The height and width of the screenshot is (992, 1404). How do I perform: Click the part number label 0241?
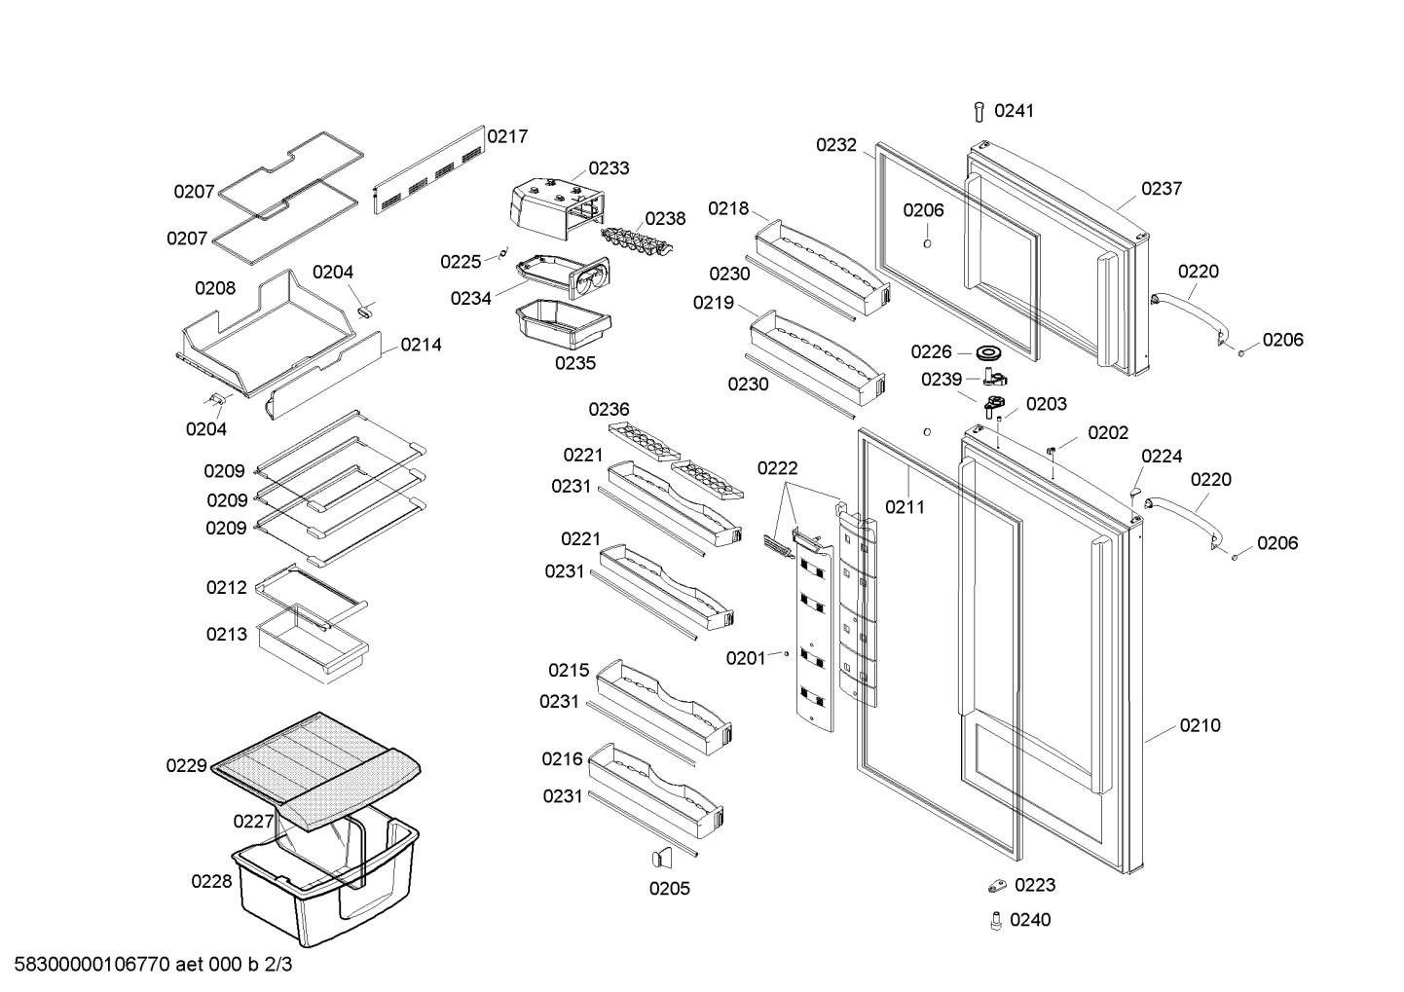pos(1014,111)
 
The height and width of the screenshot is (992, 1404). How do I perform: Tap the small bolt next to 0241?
pos(979,112)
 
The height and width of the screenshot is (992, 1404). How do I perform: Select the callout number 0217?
pos(507,136)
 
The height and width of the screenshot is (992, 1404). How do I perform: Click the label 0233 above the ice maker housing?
pos(609,168)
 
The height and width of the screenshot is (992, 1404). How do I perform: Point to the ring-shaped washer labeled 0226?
pos(988,352)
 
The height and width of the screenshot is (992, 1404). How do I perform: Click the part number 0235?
pos(574,363)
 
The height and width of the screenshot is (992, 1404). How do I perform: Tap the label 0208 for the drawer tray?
pos(215,288)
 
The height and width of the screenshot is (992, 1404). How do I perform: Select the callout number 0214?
pos(421,346)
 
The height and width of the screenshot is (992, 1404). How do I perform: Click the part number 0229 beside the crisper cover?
pos(186,766)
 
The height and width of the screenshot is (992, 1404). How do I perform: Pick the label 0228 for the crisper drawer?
pos(211,882)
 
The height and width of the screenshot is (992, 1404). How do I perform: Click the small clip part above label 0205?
pos(662,858)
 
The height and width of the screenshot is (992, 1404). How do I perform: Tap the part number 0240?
pos(1030,920)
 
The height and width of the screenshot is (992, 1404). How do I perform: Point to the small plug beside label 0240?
pos(995,921)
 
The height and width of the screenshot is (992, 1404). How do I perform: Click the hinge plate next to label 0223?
pos(997,886)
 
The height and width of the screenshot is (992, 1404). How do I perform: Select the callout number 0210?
pos(1200,725)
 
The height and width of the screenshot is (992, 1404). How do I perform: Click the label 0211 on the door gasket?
pos(905,507)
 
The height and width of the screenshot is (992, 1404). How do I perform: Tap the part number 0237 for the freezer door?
pos(1162,189)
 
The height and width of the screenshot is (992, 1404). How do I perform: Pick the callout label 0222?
pos(777,468)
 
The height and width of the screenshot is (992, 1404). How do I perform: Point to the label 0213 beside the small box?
pos(226,634)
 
